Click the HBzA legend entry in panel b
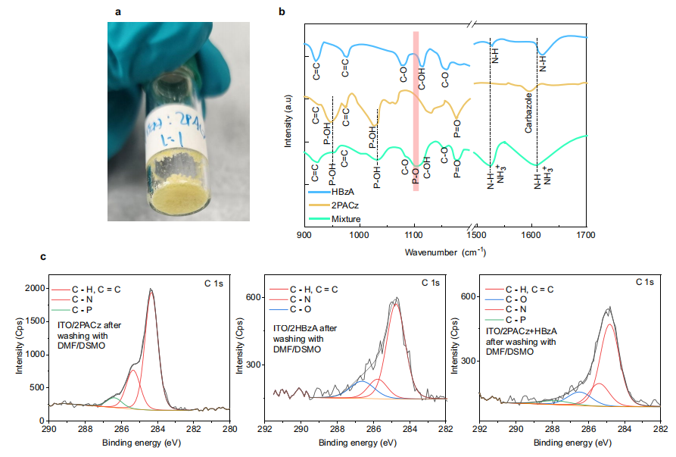[x=344, y=192]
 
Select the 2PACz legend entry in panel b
[x=345, y=205]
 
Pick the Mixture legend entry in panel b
[x=347, y=219]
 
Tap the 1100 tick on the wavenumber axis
[x=414, y=233]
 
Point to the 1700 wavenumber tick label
[x=587, y=233]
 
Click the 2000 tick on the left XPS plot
[x=33, y=289]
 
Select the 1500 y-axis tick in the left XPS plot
[x=33, y=321]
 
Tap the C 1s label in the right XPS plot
[x=646, y=282]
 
